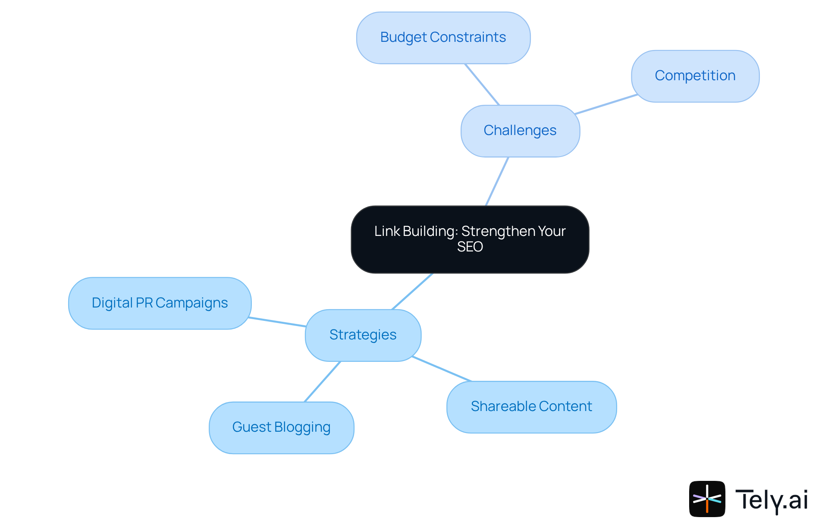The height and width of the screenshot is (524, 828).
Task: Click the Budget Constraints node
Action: (443, 38)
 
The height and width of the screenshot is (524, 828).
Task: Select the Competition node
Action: (695, 76)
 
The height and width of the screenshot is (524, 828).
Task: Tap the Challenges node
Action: (520, 131)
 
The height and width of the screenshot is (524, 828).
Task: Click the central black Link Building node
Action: (470, 239)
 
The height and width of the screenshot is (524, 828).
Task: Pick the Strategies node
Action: (363, 335)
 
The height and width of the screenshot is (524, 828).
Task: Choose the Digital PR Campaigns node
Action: (160, 303)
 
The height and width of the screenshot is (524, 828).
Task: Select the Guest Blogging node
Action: (281, 427)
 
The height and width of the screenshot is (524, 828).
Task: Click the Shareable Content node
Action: (531, 407)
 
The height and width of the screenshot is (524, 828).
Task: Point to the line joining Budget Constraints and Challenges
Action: (482, 85)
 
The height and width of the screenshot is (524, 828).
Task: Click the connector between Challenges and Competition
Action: (606, 104)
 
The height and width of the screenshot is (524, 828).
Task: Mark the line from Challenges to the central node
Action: (497, 181)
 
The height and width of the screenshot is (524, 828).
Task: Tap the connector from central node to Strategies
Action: (412, 291)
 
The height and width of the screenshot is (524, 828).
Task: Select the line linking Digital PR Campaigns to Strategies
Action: (277, 322)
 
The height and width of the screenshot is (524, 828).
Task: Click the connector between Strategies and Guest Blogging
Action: (323, 381)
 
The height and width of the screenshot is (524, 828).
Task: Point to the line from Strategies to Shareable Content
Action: (442, 369)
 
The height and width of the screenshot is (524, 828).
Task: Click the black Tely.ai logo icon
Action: (707, 499)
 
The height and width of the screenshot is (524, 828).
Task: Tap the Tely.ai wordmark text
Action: (771, 500)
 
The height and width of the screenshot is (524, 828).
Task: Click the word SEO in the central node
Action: (470, 247)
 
